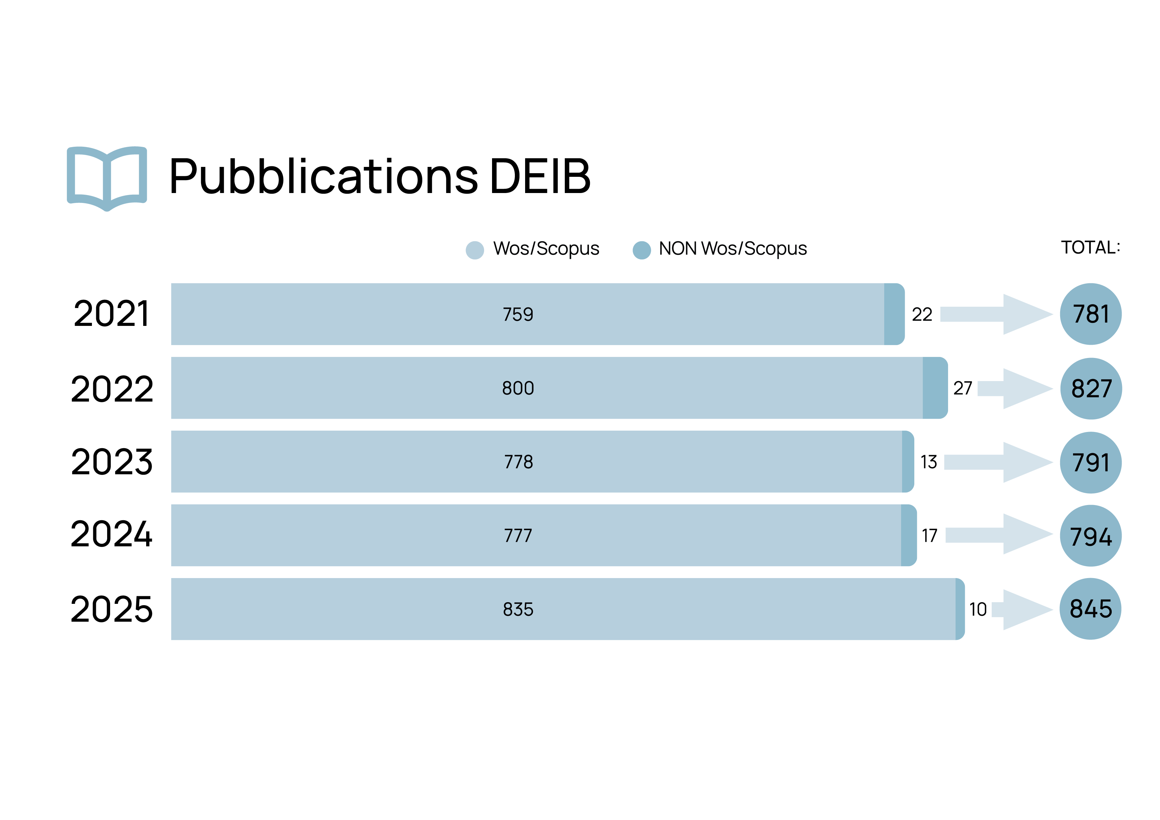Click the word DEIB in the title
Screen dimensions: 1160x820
(x=540, y=176)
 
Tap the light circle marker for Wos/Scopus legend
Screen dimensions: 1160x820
(x=475, y=250)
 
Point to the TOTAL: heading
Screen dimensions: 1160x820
(x=1090, y=248)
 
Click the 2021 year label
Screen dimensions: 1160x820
(x=112, y=314)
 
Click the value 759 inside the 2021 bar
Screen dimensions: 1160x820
(x=518, y=314)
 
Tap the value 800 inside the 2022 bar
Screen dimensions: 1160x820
(x=518, y=388)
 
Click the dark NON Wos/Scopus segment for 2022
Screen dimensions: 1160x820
(x=935, y=388)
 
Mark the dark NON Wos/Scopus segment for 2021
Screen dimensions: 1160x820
(x=894, y=314)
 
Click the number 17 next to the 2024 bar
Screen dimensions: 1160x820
(x=930, y=535)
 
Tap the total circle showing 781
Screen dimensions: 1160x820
(x=1091, y=314)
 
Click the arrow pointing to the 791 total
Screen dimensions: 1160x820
(x=998, y=462)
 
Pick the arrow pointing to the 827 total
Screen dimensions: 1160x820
(x=1015, y=388)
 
